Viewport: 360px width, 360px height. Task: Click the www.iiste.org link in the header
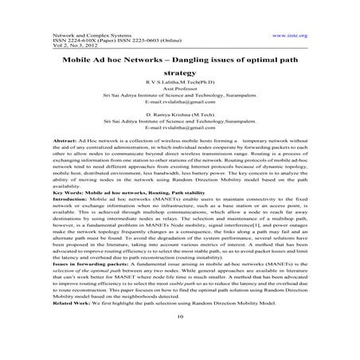(291, 36)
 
